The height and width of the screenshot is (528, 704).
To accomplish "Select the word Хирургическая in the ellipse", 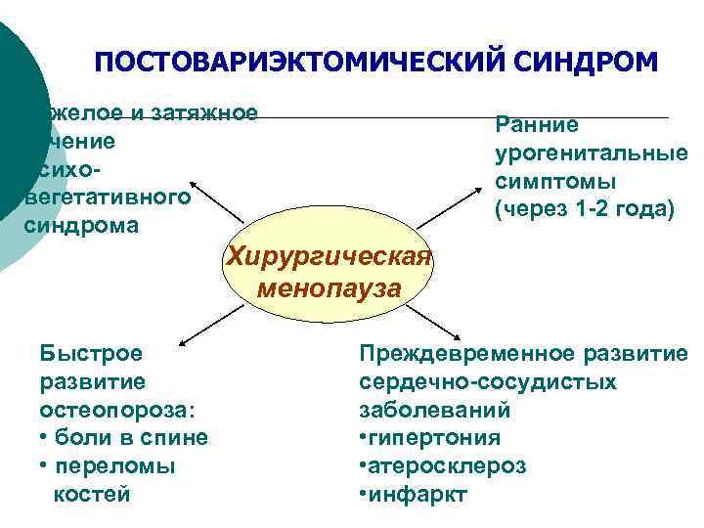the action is coord(329,256).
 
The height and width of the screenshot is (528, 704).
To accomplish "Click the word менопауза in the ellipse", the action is coord(329,288).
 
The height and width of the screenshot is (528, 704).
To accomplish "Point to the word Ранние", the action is coord(537,124).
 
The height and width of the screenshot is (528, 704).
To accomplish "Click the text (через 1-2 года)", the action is coord(585,209).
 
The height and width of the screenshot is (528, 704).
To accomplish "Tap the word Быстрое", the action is coord(91,352).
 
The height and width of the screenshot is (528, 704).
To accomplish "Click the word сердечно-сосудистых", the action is coord(488,380).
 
